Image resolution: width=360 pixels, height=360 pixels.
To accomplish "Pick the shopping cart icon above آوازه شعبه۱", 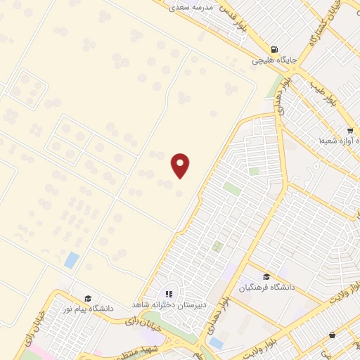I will pyautogui.click(x=349, y=131).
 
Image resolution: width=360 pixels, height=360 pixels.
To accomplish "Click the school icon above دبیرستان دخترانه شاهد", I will pyautogui.click(x=169, y=295).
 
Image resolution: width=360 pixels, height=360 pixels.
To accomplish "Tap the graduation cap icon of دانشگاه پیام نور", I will pyautogui.click(x=88, y=298).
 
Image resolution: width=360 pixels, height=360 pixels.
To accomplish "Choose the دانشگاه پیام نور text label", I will pyautogui.click(x=86, y=309).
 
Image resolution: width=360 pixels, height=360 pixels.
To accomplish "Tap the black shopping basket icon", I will pyautogui.click(x=332, y=335).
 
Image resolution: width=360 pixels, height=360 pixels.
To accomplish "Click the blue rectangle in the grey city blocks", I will pyautogui.click(x=216, y=343).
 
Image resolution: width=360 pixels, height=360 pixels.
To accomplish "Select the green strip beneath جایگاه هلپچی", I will pyautogui.click(x=274, y=86).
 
